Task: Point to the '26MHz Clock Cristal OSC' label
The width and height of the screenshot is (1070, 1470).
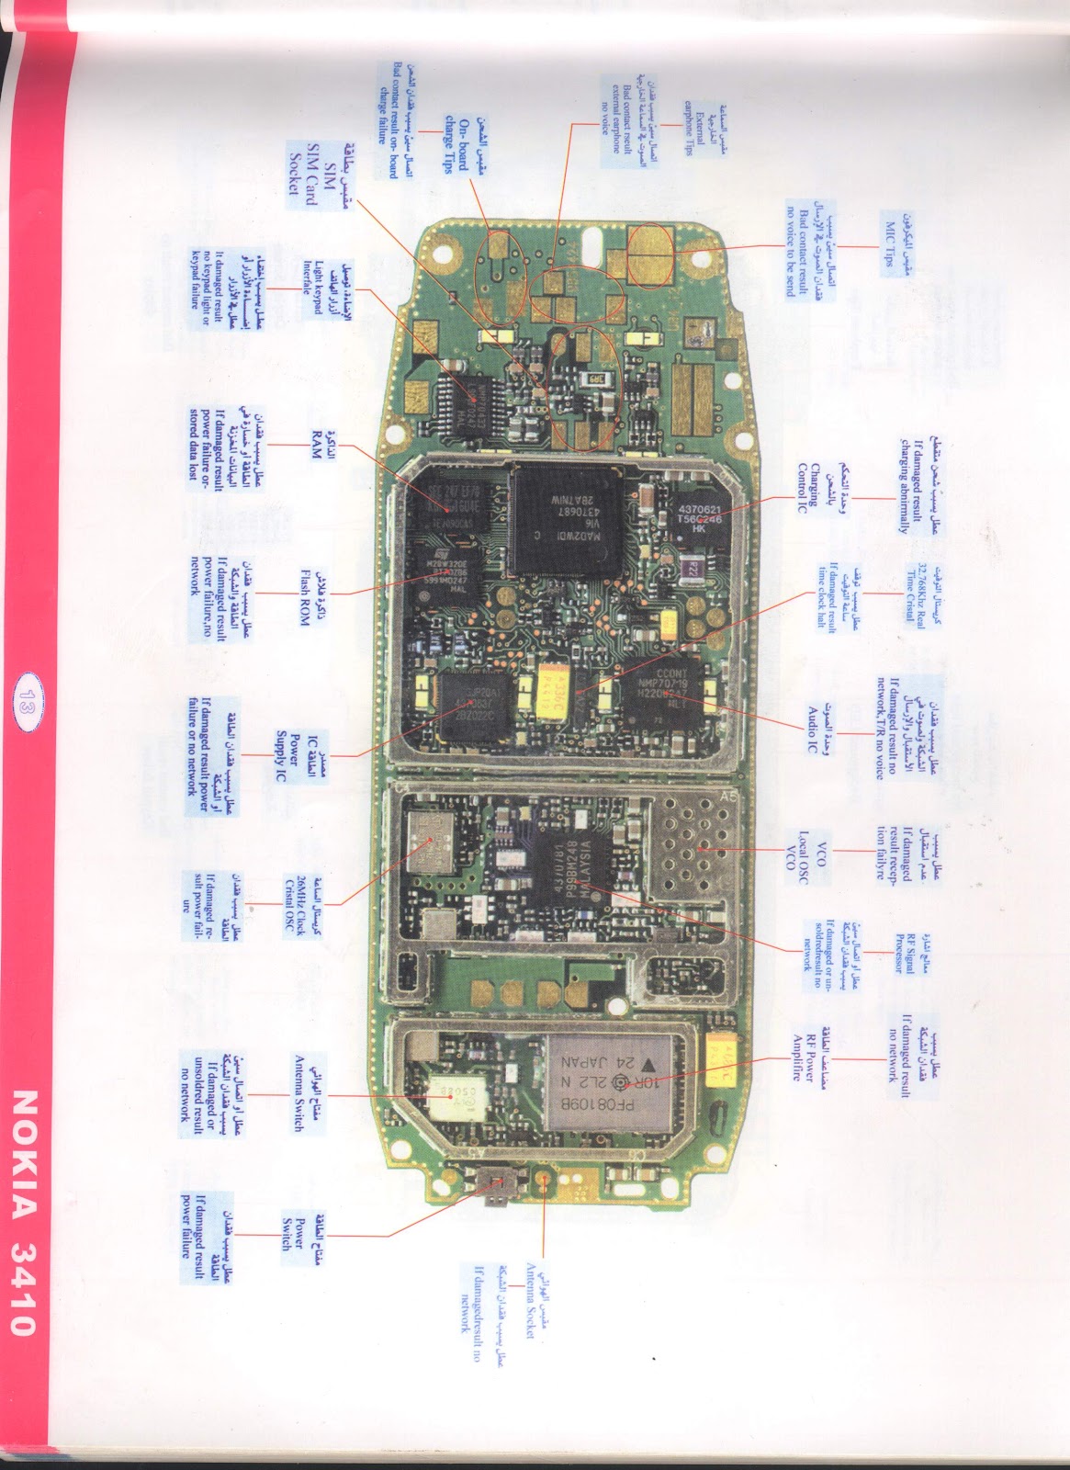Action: [x=304, y=905]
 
